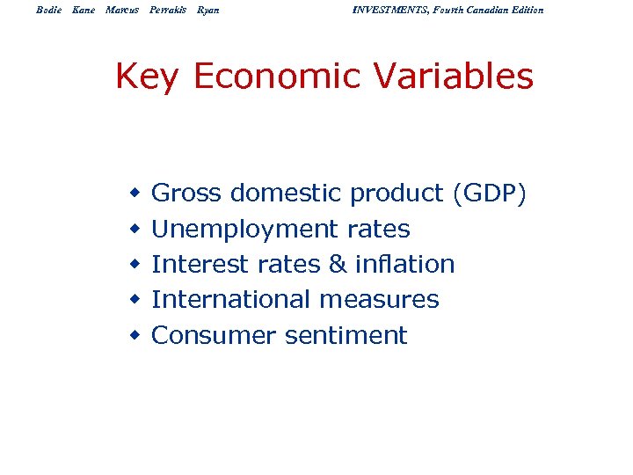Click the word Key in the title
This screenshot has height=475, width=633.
tap(147, 77)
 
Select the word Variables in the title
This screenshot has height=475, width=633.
tap(454, 77)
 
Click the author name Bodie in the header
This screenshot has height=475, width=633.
tap(48, 10)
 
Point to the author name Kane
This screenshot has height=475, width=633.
tap(84, 10)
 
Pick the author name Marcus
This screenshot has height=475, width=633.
tap(121, 10)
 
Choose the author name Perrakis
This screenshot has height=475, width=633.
tap(167, 10)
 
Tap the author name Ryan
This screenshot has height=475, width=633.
tap(208, 10)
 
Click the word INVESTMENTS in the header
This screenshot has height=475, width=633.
tap(392, 10)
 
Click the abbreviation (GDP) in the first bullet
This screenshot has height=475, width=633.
tap(490, 194)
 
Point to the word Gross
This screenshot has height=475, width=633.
tap(186, 194)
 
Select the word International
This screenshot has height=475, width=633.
tap(232, 299)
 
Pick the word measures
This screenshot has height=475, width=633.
tap(379, 300)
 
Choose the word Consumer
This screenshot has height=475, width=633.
tap(214, 335)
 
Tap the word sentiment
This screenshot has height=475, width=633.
tap(346, 335)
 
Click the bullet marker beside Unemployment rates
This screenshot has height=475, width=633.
tap(135, 230)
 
